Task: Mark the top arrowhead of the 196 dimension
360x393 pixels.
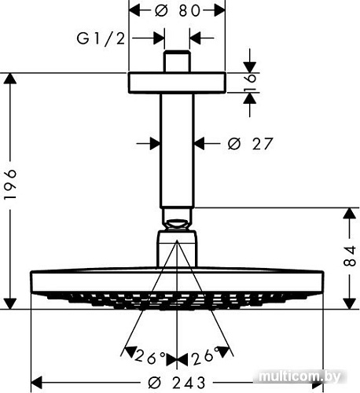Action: click(10, 79)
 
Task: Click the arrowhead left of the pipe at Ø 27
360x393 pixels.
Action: click(156, 143)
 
